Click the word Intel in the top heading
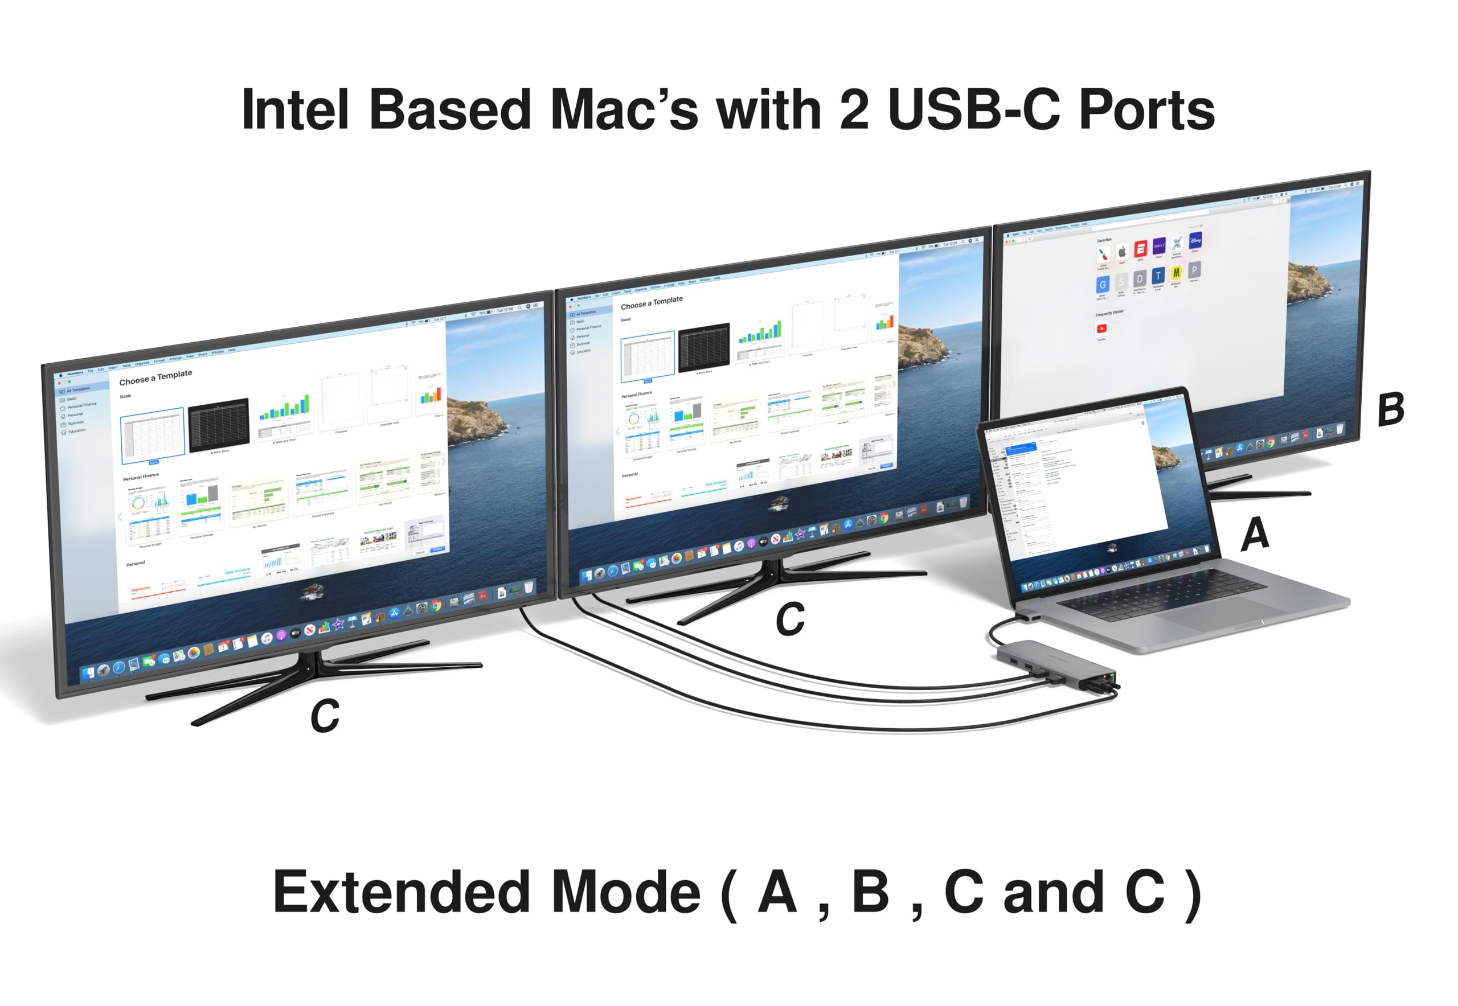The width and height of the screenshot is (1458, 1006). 294,110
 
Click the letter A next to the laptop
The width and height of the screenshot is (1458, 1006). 1255,535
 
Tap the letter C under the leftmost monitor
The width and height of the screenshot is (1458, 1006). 325,717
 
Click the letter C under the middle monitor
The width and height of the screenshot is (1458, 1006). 789,619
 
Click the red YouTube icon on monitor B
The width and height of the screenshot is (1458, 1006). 1101,329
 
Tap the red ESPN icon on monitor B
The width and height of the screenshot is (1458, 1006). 1140,248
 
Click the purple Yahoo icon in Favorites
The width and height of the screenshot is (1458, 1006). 1158,246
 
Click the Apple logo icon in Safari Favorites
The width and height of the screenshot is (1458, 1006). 1122,252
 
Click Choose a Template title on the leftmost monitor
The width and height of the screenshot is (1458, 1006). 155,377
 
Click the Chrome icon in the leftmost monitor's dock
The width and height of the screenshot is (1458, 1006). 436,606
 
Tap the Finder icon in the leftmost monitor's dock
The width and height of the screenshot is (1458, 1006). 88,673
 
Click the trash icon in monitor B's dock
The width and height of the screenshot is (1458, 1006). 1339,429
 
